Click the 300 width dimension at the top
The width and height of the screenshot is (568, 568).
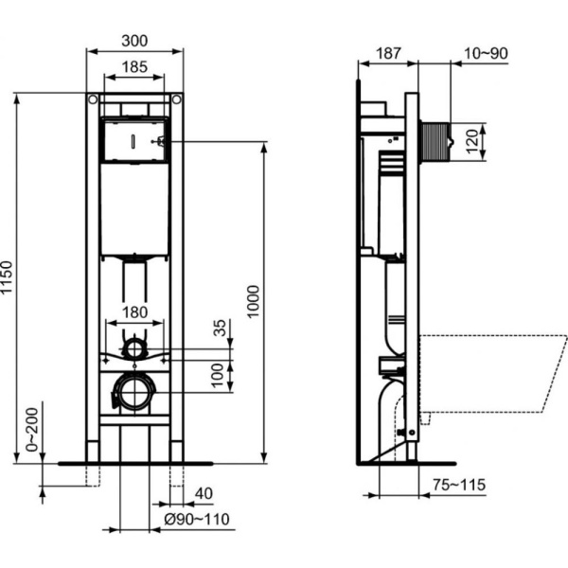(x=133, y=43)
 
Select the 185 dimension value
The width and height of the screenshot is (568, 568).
(x=133, y=68)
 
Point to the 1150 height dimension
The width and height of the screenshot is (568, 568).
(x=10, y=278)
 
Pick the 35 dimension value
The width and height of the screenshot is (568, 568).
(x=220, y=328)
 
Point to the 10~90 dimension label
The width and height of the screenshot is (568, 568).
(x=486, y=52)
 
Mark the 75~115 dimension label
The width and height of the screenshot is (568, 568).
(x=458, y=486)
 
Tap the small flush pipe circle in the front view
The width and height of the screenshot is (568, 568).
(x=134, y=347)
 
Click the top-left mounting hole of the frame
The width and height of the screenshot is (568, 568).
(x=92, y=99)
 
